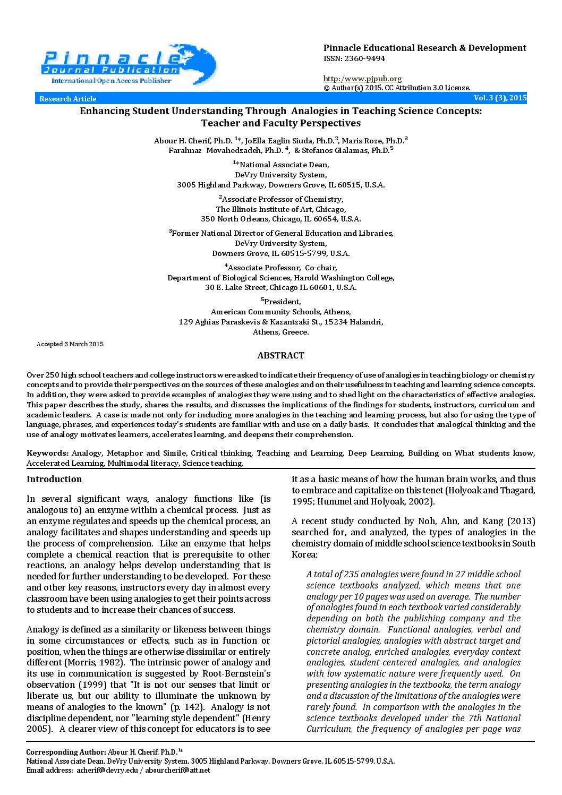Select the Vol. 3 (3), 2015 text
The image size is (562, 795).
[500, 98]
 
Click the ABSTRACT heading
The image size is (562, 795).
[280, 355]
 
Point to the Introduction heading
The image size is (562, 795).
[54, 479]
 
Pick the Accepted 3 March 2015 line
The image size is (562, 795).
[70, 344]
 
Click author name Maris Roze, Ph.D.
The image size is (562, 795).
[372, 141]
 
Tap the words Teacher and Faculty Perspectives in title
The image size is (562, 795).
[280, 123]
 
